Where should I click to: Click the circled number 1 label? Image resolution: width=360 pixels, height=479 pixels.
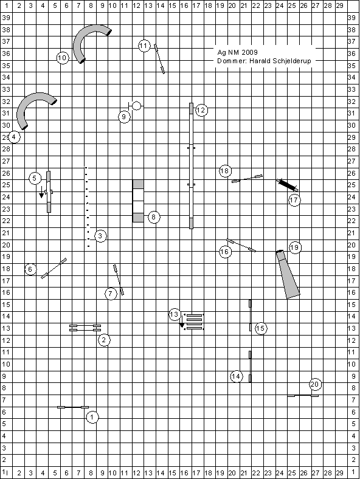point(92,416)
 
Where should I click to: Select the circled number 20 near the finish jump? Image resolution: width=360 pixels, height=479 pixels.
point(315,384)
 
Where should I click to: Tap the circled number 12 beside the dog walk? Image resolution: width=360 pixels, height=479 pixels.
point(201,110)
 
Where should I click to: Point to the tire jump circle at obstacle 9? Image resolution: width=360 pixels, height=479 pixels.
point(136,106)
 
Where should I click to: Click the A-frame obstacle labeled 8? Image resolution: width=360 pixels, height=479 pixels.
point(138,201)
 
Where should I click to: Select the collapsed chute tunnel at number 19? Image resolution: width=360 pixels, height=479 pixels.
point(288,274)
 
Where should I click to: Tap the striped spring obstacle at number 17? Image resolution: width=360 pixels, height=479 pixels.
point(287,185)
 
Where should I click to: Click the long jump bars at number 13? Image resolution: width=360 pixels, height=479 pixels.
point(194,322)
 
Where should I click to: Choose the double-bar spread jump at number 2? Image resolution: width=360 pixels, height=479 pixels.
point(85,328)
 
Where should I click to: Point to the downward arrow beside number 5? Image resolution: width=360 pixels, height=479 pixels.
point(41,193)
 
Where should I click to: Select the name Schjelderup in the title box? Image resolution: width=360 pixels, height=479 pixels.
point(292,61)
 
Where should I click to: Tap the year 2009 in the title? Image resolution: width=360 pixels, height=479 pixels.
point(250,52)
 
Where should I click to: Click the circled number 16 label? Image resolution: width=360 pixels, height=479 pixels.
point(225,252)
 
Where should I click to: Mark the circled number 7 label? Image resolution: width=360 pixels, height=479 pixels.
point(111,294)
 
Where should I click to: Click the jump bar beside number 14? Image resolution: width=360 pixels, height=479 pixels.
point(250,367)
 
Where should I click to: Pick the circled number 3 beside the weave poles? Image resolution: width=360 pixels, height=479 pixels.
point(100,236)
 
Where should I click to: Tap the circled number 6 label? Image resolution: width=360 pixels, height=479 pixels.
point(30,269)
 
